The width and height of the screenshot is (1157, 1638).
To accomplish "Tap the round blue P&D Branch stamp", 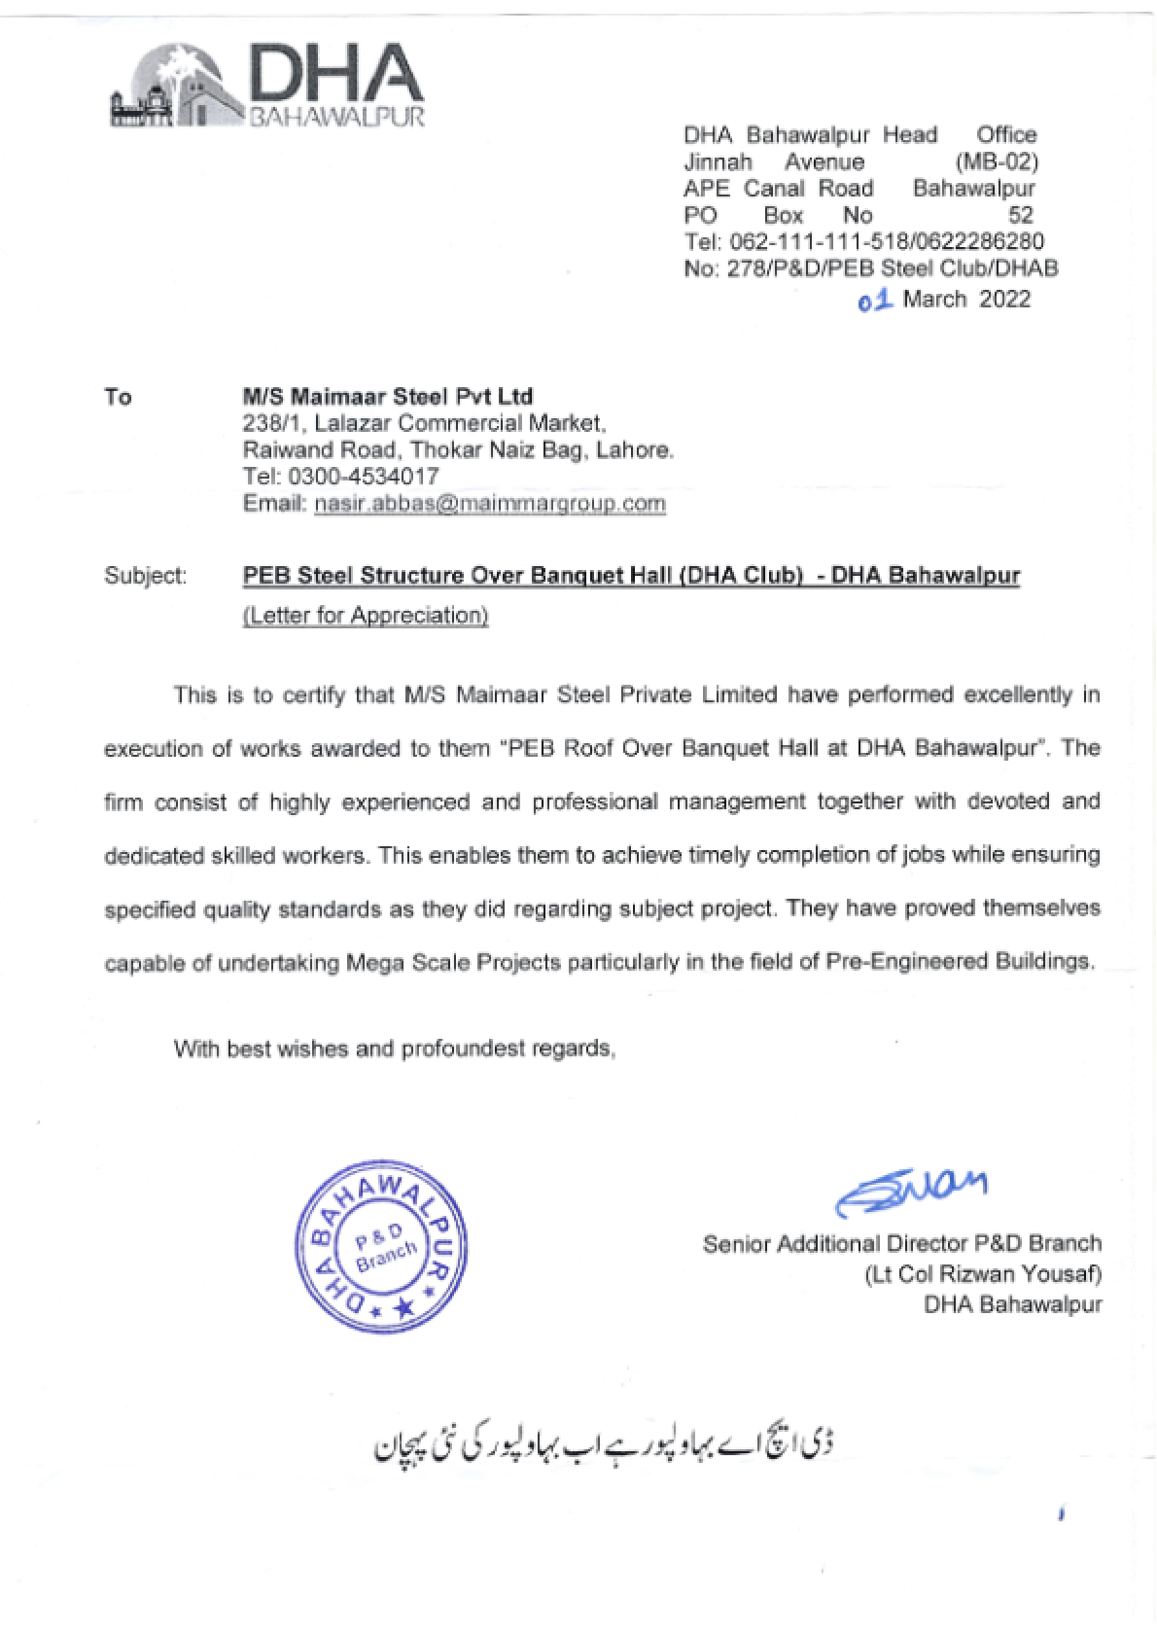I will pos(381,1246).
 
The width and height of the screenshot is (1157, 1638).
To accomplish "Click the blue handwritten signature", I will pos(911,1193).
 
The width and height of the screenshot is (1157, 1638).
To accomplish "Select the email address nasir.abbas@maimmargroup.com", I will pos(490,504).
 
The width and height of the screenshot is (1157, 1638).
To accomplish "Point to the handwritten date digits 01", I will pos(875,300).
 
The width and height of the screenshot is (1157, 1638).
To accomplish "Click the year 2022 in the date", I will pos(1004,299).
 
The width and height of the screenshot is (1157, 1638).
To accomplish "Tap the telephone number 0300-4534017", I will pos(363,477).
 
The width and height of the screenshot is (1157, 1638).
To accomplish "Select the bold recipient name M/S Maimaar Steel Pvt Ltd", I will pos(387,396).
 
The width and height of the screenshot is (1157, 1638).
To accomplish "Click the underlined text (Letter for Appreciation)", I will pos(366,616).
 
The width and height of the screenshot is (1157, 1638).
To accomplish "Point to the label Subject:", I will pos(146,576).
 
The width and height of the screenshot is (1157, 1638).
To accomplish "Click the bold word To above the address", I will pos(118,397).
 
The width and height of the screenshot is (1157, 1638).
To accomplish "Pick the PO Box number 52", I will pos(1020,215).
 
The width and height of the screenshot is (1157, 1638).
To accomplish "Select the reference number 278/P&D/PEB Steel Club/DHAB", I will pos(893,268).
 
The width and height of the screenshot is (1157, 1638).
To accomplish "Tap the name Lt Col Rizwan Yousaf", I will pos(983,1274).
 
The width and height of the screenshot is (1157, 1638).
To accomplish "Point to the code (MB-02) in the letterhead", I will pos(997,161).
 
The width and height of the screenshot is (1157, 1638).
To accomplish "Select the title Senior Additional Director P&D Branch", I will pos(901,1244).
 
